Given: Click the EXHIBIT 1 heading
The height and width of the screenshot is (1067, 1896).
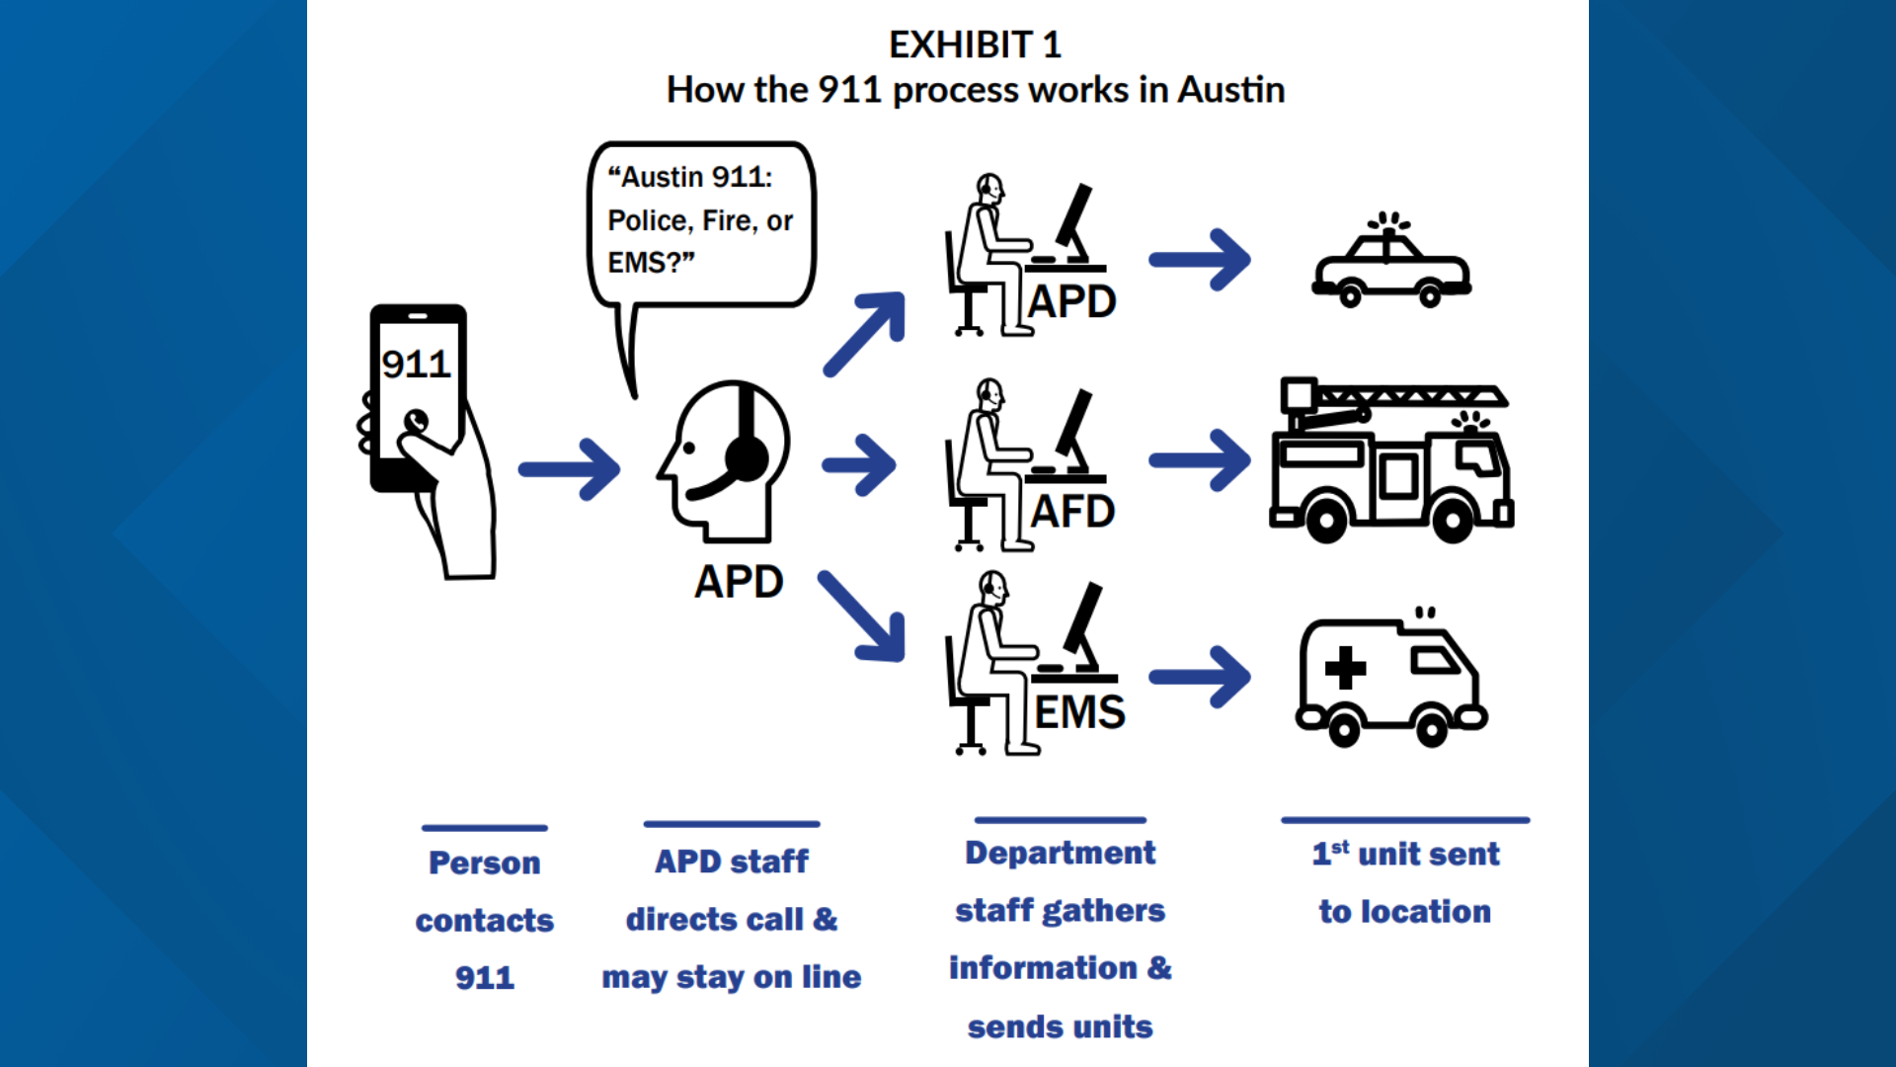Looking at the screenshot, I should tap(975, 45).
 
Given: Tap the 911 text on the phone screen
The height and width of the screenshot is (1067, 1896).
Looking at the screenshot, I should tap(416, 365).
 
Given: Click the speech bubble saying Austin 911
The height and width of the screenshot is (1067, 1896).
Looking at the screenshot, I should tap(700, 221).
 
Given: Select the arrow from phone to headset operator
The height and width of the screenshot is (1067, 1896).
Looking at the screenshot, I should tap(570, 469).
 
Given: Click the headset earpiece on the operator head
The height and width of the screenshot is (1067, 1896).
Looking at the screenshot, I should tap(746, 457).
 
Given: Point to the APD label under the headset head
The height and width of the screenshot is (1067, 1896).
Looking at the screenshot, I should tap(739, 582).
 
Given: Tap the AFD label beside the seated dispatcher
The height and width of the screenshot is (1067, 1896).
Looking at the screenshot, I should tap(1072, 512).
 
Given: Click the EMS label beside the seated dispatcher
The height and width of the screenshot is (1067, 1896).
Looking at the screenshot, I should tap(1079, 712).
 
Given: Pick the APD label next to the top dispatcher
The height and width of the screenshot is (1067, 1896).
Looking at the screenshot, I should tap(1071, 301).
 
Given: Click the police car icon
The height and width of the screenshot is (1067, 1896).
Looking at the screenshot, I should tap(1390, 268).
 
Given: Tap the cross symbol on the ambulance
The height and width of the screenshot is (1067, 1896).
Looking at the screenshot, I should tap(1345, 668).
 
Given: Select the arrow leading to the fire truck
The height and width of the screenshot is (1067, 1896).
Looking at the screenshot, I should tap(1201, 460).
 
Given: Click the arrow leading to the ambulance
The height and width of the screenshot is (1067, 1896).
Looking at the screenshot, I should tap(1201, 677).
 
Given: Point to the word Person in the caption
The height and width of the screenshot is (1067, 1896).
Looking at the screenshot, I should tap(484, 863).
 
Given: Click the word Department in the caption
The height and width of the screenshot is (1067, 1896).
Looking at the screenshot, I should tap(1060, 853).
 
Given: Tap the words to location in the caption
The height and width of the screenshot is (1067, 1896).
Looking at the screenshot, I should tap(1404, 912).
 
